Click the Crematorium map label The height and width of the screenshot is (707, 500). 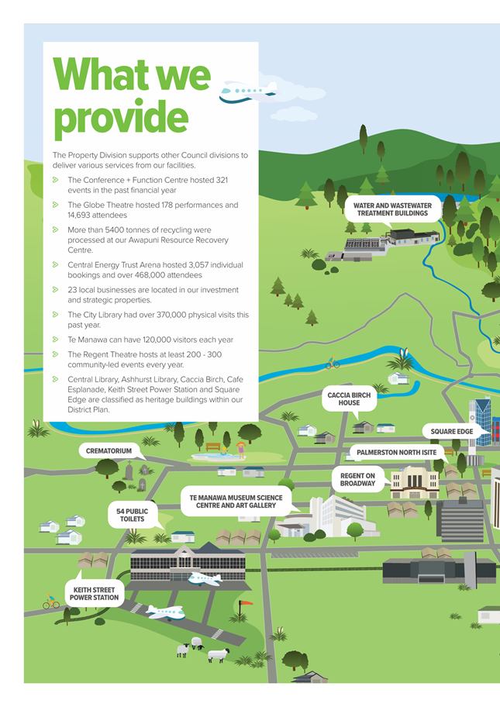[x=109, y=450]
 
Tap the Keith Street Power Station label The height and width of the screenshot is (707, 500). [x=95, y=594]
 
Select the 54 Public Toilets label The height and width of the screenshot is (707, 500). [x=132, y=515]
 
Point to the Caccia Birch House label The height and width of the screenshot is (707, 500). [x=349, y=398]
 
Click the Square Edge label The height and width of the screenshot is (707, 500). [x=452, y=432]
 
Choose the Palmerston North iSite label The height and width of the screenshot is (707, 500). [x=396, y=452]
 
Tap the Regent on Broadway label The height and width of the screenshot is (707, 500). [x=357, y=479]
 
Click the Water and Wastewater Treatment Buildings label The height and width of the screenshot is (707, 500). [x=393, y=209]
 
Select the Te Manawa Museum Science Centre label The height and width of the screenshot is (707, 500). [x=236, y=502]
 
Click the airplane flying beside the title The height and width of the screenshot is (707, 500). [x=248, y=92]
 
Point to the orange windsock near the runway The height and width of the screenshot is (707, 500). [x=247, y=603]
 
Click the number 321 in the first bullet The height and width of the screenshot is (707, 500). [x=222, y=180]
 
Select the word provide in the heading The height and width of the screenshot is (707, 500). [x=121, y=118]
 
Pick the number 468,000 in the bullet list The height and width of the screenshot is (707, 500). [x=151, y=275]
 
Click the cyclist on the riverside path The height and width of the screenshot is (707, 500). [x=333, y=363]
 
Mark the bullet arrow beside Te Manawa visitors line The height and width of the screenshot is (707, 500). [x=56, y=339]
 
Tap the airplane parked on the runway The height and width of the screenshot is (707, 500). [x=165, y=612]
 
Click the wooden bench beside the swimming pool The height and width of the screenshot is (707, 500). [x=213, y=447]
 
